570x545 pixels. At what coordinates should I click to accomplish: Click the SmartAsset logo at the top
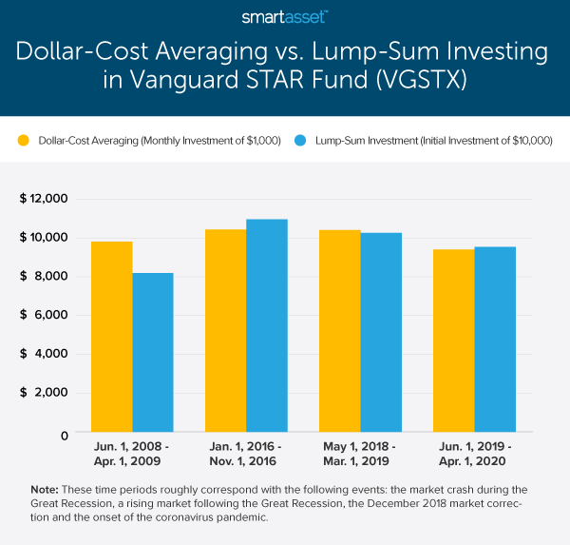285,17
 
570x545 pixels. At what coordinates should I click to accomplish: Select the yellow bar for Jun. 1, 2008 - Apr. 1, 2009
112,338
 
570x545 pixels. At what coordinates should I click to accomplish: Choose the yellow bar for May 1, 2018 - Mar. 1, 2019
340,332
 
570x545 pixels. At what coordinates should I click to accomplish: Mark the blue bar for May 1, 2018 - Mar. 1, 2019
381,333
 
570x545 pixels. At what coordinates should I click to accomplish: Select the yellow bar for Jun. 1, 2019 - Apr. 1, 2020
453,341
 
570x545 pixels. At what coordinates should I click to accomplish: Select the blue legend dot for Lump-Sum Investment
296,141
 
